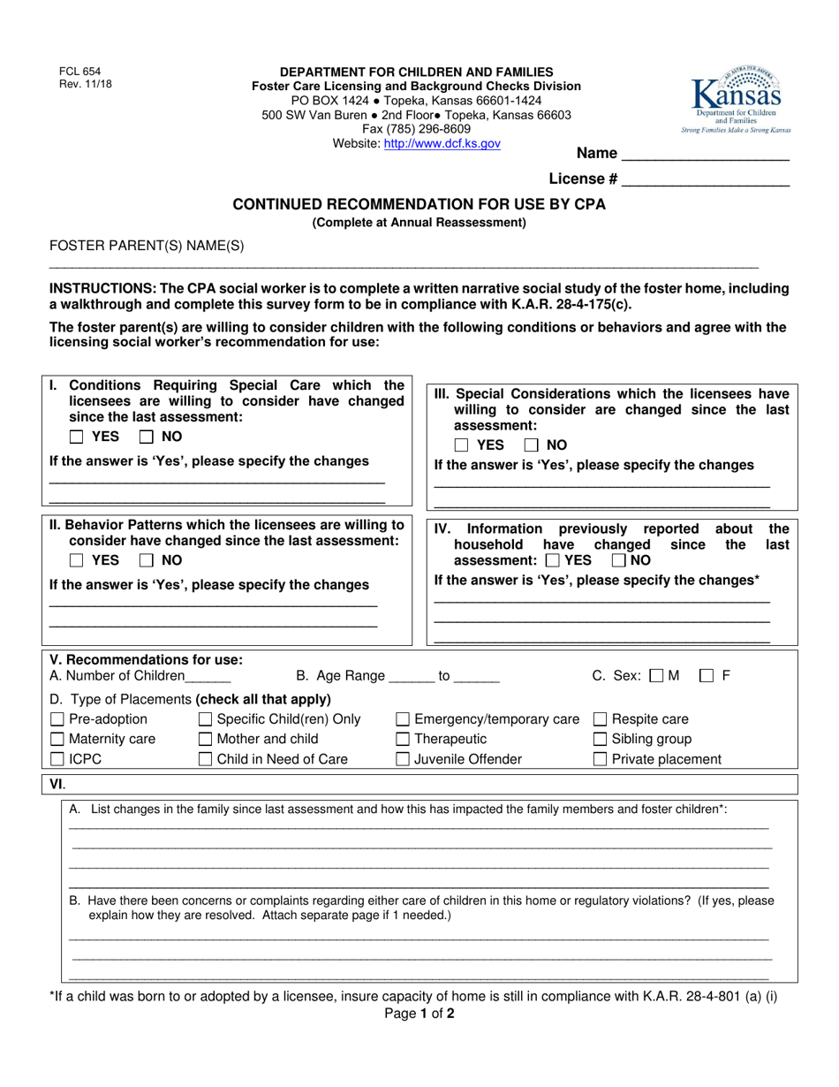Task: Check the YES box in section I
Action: [77, 437]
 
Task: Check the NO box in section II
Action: [147, 560]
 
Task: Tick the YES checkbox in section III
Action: [461, 445]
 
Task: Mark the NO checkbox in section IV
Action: [619, 560]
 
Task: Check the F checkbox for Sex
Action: [707, 676]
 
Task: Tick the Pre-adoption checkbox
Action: [57, 719]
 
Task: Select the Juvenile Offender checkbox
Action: [402, 759]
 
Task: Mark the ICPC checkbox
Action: [57, 759]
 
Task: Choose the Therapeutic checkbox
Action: [402, 739]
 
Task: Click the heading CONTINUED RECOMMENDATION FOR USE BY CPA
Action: [419, 204]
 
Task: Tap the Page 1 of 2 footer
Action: [419, 1015]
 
